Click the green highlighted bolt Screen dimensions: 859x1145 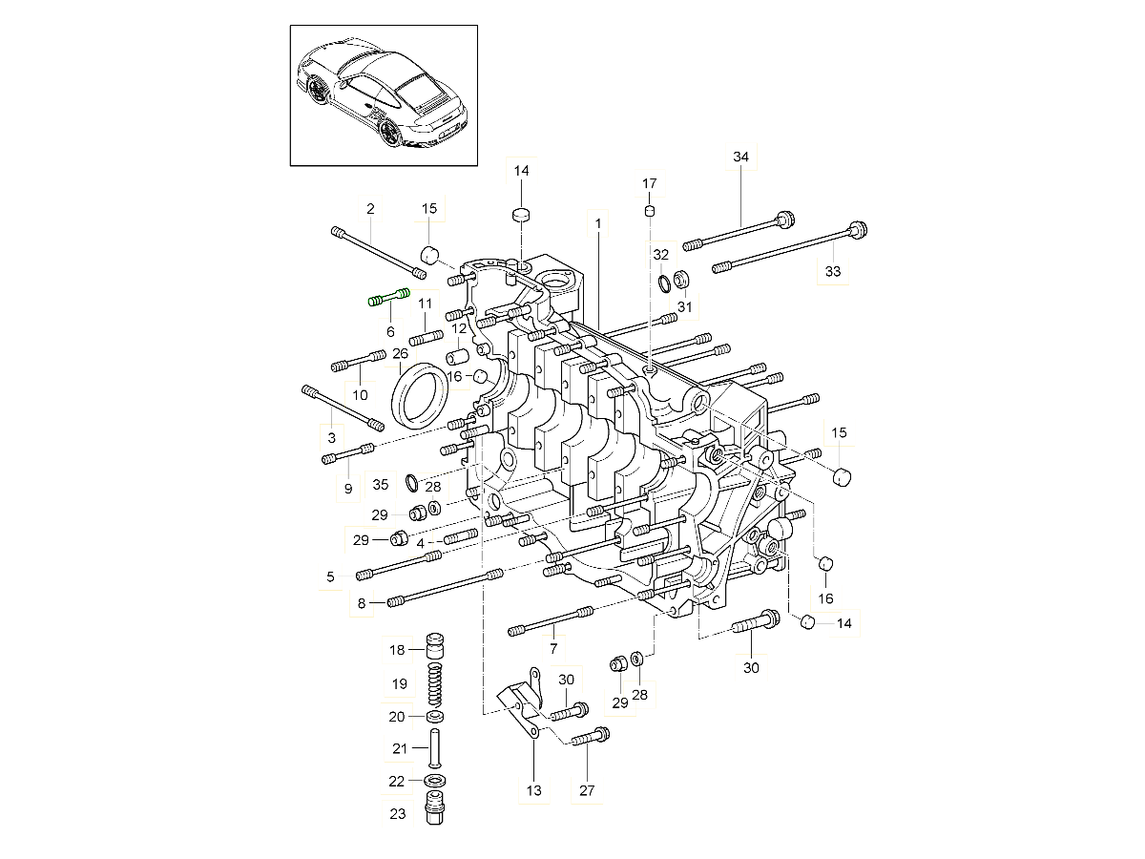click(x=388, y=297)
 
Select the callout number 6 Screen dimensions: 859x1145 click(x=390, y=331)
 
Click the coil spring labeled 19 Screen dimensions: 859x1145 click(x=434, y=683)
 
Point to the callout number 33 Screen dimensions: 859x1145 click(x=833, y=272)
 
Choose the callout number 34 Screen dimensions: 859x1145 click(x=741, y=157)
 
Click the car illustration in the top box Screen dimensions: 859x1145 click(x=384, y=94)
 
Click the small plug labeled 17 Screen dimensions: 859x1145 click(x=649, y=210)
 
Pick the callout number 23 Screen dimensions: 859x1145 click(x=398, y=814)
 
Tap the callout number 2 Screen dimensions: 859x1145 click(x=370, y=208)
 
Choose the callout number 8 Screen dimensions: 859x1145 click(x=362, y=602)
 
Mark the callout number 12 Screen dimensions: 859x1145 click(x=459, y=328)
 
